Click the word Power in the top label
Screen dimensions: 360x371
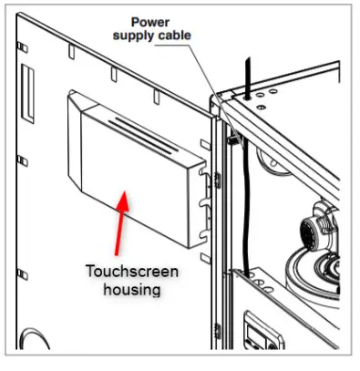coord(150,21)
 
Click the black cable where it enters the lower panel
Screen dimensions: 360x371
coord(246,270)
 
